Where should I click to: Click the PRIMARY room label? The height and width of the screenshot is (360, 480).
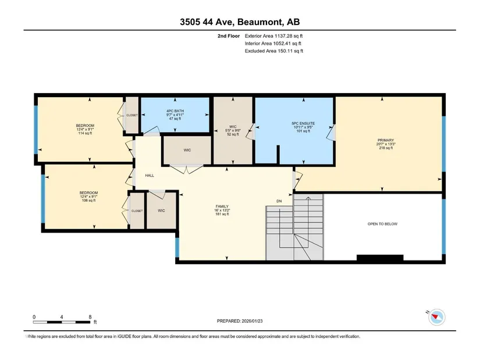click(x=385, y=144)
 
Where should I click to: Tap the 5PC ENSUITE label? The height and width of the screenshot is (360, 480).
click(x=303, y=127)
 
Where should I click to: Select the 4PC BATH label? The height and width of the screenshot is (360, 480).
click(x=175, y=115)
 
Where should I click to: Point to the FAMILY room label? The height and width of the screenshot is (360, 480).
click(x=222, y=210)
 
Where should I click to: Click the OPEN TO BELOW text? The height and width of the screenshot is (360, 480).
click(x=382, y=224)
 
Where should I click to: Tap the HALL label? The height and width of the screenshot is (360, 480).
click(x=150, y=176)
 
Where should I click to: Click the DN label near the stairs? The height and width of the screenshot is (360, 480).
click(x=279, y=201)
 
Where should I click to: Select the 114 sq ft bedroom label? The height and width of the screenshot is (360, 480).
click(x=85, y=129)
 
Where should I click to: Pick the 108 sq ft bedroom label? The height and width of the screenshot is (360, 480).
click(x=88, y=197)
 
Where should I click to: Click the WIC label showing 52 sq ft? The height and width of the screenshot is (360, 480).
click(x=233, y=130)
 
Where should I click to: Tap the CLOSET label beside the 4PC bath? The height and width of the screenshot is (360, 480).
click(x=132, y=115)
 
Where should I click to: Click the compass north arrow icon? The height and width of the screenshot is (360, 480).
click(x=436, y=317)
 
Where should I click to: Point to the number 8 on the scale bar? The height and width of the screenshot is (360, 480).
click(x=90, y=317)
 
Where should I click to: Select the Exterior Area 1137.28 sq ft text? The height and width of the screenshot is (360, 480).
click(x=273, y=36)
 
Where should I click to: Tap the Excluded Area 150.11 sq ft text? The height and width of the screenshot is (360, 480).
click(x=274, y=51)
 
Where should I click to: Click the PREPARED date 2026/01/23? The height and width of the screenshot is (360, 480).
click(x=240, y=321)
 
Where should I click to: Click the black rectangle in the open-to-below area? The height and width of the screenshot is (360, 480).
click(x=380, y=258)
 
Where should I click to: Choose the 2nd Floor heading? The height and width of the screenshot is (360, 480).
click(x=229, y=36)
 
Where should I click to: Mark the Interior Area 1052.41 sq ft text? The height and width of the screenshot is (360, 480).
click(x=273, y=44)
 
